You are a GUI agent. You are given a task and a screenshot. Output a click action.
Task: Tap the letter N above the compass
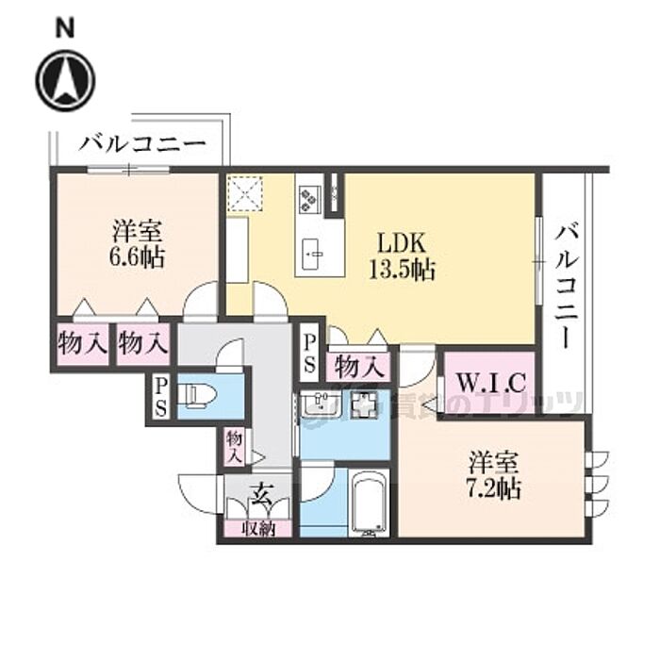pyautogui.click(x=64, y=28)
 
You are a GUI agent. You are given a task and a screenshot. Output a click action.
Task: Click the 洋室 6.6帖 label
pyautogui.click(x=138, y=243)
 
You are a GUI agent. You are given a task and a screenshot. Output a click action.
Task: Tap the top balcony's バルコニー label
pyautogui.click(x=141, y=144)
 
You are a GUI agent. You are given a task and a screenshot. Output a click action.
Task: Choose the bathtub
pyautogui.click(x=370, y=502)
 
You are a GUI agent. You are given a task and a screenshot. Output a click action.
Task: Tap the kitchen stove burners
pyautogui.click(x=309, y=197)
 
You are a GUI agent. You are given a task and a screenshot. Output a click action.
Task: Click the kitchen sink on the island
pyautogui.click(x=314, y=252)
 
